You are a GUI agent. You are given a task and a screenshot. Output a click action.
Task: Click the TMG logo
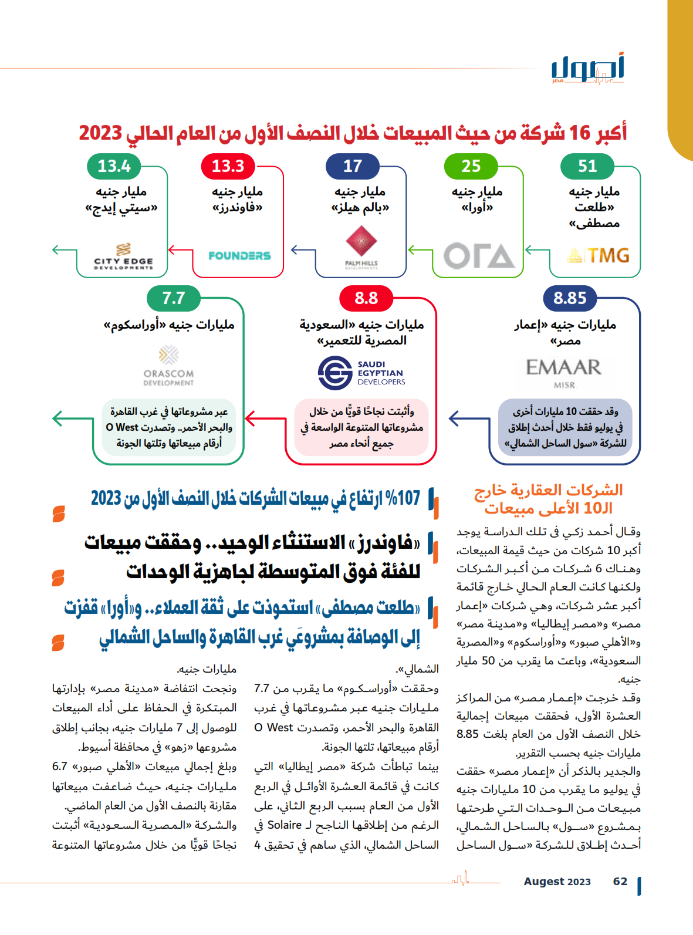click(599, 255)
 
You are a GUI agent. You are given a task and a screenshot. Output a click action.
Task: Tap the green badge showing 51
click(587, 166)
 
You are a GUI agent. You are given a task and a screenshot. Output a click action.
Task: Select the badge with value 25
click(471, 166)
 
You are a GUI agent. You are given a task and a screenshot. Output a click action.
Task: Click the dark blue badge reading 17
click(353, 166)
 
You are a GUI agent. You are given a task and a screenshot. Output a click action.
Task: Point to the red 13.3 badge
click(228, 166)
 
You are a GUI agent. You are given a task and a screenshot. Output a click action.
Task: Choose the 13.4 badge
click(114, 166)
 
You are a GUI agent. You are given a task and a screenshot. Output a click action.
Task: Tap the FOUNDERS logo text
click(239, 256)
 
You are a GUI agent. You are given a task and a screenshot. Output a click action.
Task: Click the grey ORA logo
click(479, 256)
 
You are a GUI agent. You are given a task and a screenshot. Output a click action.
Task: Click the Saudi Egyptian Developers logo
click(361, 373)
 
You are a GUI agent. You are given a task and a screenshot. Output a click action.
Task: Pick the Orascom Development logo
click(168, 367)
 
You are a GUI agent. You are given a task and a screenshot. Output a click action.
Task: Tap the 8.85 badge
click(570, 298)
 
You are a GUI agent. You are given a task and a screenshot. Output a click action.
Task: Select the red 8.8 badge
click(366, 298)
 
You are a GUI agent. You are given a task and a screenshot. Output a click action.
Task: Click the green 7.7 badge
click(173, 298)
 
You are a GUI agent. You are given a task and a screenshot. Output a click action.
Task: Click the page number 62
click(620, 882)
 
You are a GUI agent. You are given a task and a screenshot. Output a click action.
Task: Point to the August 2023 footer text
click(557, 882)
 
